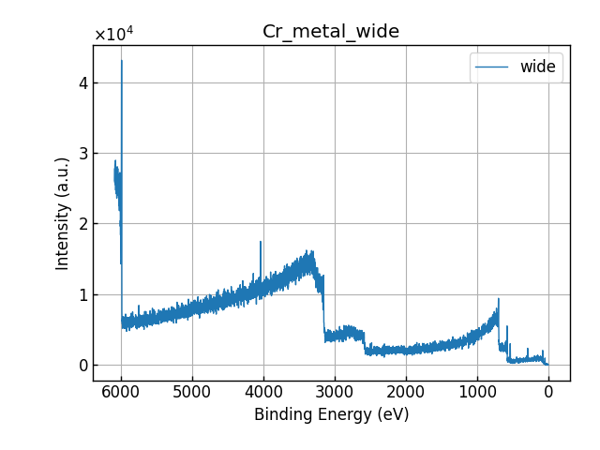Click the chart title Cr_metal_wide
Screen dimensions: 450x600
[331, 32]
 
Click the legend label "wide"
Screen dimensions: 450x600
[537, 67]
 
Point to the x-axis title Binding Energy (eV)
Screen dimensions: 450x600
[331, 414]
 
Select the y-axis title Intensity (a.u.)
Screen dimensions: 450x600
[63, 213]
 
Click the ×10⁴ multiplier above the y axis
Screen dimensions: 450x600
[113, 35]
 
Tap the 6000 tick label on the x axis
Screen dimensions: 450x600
[121, 392]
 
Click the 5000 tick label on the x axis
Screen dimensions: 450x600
[192, 392]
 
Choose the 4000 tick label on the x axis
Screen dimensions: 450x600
[263, 392]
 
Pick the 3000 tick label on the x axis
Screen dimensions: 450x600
[335, 392]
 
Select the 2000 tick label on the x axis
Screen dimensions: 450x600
[406, 392]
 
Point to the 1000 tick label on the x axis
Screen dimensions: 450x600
[477, 392]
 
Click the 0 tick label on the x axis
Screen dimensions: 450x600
[548, 392]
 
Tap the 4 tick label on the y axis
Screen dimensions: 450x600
[82, 82]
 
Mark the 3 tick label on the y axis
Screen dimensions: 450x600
[82, 153]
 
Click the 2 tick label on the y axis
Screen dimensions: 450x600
[82, 224]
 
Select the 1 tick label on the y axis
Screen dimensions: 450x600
[82, 294]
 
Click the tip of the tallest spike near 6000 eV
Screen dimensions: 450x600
[122, 61]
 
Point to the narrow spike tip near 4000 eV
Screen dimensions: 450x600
[261, 242]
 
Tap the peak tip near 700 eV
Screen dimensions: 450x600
[499, 299]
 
